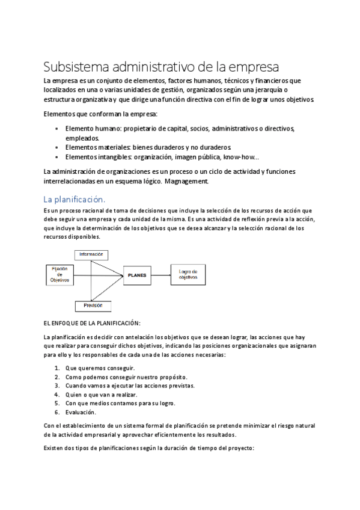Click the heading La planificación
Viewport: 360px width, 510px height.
[75, 199]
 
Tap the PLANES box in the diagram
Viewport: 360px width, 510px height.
[137, 275]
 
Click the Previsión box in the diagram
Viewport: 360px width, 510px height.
[92, 306]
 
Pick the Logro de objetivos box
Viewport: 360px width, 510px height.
[188, 275]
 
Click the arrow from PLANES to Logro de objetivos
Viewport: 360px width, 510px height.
[160, 275]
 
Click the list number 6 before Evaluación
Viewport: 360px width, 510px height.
[56, 412]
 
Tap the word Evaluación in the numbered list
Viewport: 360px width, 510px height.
[81, 412]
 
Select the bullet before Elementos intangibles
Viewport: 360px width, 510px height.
[56, 157]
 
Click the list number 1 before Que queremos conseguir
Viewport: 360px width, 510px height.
[56, 367]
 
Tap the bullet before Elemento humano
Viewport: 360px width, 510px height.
[56, 129]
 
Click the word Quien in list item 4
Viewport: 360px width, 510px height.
[74, 394]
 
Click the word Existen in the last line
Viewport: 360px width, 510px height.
[56, 447]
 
